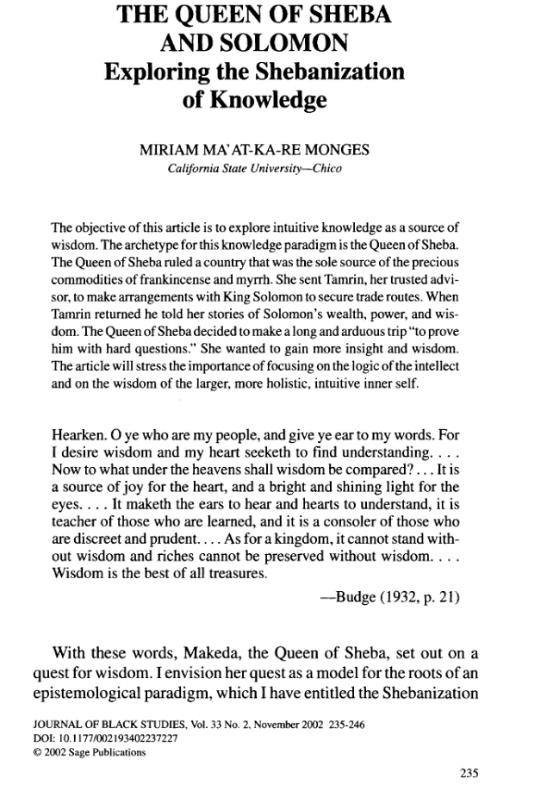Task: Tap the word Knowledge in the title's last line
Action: pos(254,101)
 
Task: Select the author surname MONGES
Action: pos(332,152)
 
